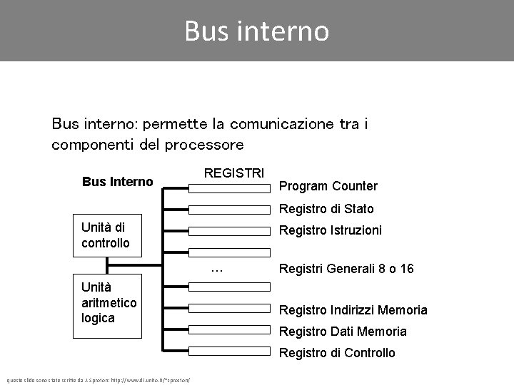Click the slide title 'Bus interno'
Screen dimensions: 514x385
click(x=256, y=31)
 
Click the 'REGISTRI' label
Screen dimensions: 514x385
click(x=234, y=173)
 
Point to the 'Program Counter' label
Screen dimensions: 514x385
click(x=328, y=186)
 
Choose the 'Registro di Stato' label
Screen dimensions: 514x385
click(x=326, y=209)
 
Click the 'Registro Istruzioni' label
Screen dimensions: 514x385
click(x=330, y=230)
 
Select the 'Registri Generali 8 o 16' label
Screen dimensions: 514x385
click(x=346, y=269)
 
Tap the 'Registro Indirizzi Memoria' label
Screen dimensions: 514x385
click(x=353, y=309)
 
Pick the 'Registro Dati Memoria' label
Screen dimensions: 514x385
click(x=343, y=331)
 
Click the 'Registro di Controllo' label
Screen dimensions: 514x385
click(x=336, y=352)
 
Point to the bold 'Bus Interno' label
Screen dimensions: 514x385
click(x=118, y=182)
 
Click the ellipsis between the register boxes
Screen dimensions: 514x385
click(x=218, y=269)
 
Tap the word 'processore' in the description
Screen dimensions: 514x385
click(x=204, y=145)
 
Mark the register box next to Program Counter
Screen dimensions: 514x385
click(x=230, y=188)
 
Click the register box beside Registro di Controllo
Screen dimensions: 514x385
click(x=230, y=350)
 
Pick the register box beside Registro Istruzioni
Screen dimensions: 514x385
click(x=230, y=230)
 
